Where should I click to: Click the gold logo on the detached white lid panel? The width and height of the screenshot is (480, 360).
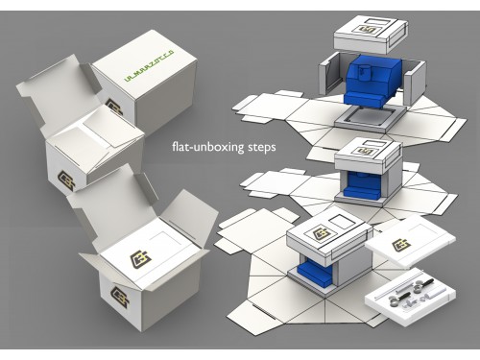click(x=402, y=246)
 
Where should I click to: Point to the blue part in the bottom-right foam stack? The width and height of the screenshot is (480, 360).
click(x=317, y=279)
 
